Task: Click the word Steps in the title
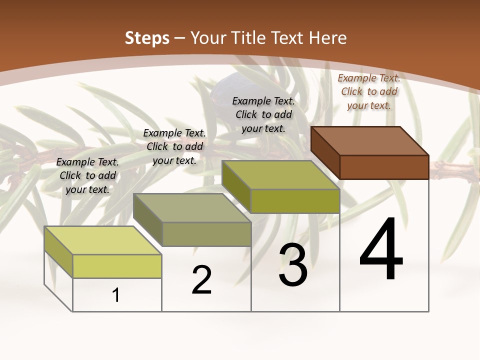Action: pyautogui.click(x=147, y=38)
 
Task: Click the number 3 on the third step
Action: pyautogui.click(x=293, y=265)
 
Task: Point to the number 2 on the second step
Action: pyautogui.click(x=202, y=280)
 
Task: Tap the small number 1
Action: pyautogui.click(x=116, y=295)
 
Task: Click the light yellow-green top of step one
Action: pyautogui.click(x=103, y=240)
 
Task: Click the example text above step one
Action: pyautogui.click(x=87, y=175)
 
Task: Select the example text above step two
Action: pyautogui.click(x=174, y=146)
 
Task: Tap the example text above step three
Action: pyautogui.click(x=263, y=114)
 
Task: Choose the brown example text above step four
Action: pyautogui.click(x=369, y=91)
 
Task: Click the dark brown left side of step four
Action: pyautogui.click(x=325, y=152)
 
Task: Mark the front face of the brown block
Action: pyautogui.click(x=384, y=167)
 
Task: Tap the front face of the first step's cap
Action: pyautogui.click(x=117, y=266)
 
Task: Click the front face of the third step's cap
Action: pyautogui.click(x=295, y=201)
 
